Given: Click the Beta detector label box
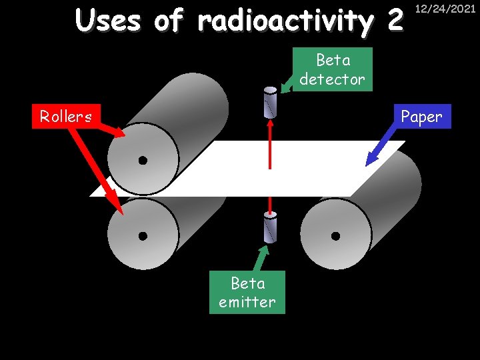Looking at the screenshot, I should tap(332, 69).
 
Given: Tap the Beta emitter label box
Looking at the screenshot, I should tap(247, 292).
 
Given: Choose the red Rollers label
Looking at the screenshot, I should tap(66, 116).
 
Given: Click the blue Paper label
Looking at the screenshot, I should tap(421, 116).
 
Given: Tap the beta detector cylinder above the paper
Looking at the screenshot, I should tap(270, 101).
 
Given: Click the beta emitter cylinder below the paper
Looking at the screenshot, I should tap(270, 227).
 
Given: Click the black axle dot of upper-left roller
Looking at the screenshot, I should tap(143, 161).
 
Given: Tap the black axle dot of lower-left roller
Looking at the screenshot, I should tap(143, 235).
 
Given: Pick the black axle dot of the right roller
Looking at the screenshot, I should tap(335, 235).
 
